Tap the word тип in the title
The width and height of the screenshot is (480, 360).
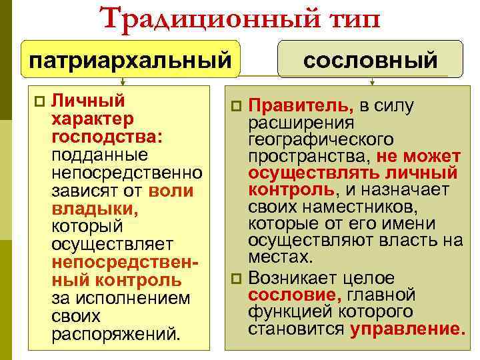[345, 18]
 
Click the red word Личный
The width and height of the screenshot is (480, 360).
[88, 101]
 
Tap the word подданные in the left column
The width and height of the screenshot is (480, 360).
[101, 155]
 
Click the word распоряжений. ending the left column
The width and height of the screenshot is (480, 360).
[115, 333]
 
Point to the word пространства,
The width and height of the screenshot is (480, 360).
[309, 157]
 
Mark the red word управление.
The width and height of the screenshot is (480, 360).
[407, 329]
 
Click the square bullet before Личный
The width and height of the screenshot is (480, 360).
[39, 101]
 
